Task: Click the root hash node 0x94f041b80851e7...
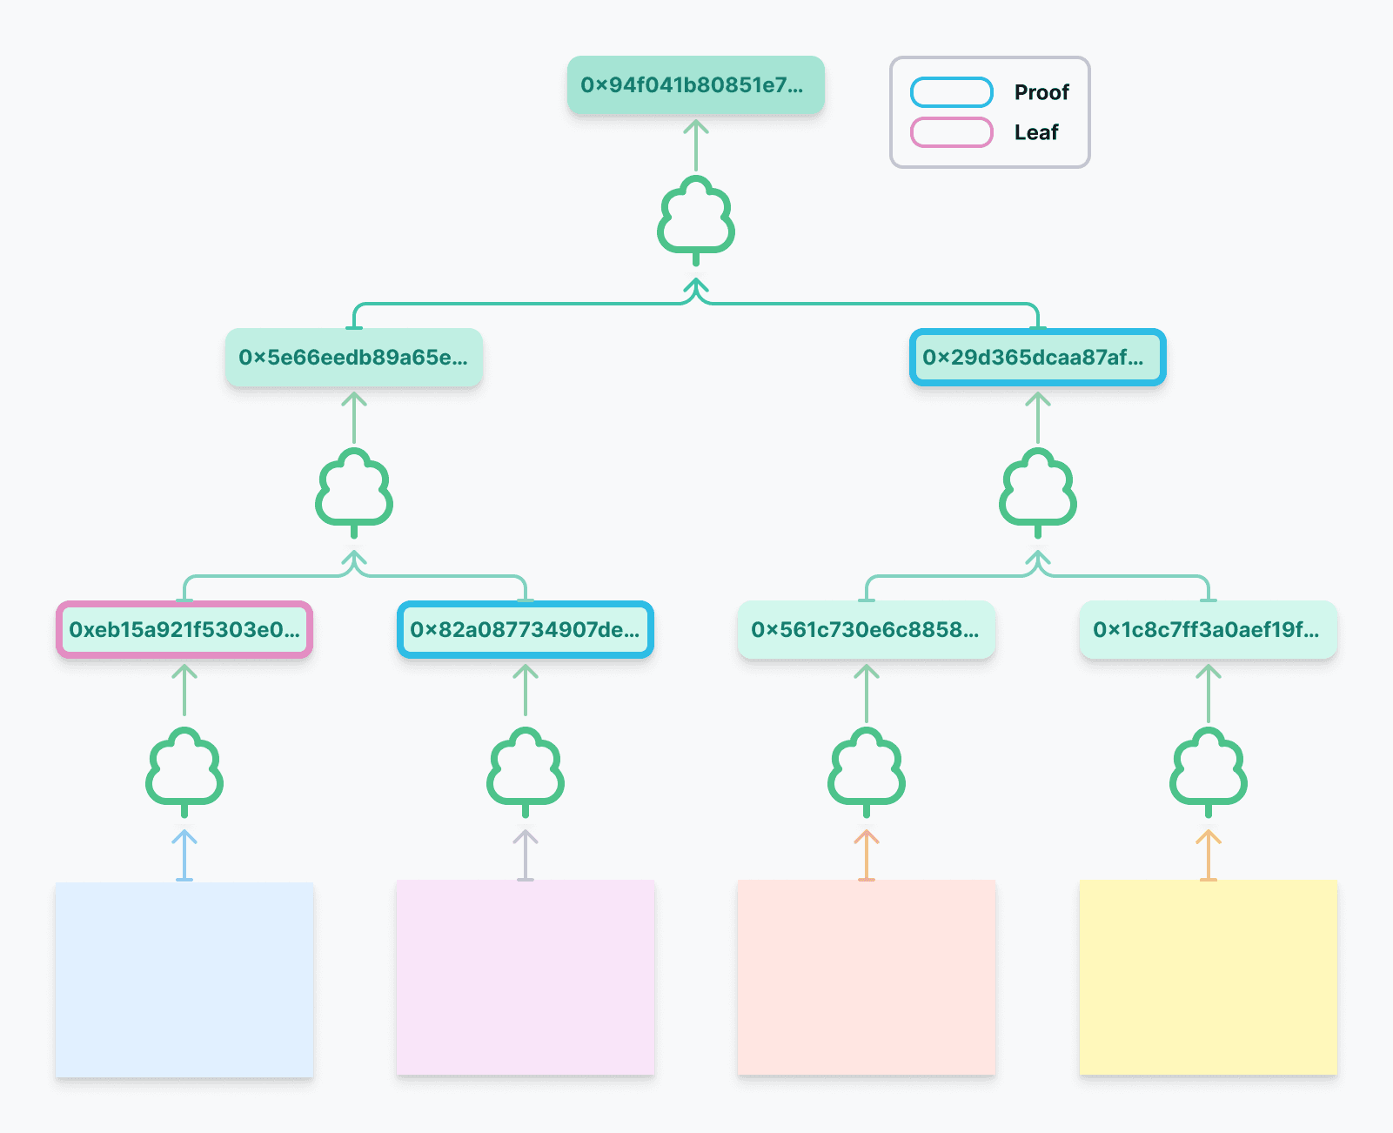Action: tap(695, 85)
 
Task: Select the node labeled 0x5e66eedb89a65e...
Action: tap(353, 358)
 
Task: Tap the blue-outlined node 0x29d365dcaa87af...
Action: tap(1037, 358)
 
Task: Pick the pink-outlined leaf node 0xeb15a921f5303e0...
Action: tap(184, 629)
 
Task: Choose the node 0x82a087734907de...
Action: tap(526, 629)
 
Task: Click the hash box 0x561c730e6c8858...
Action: tap(866, 629)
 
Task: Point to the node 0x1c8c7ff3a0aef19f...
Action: tap(1208, 629)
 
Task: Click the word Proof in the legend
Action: tap(1041, 92)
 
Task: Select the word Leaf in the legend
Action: tap(1035, 132)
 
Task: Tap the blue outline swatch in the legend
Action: tap(951, 92)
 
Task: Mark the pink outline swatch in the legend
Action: tap(951, 132)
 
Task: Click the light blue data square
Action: tap(184, 980)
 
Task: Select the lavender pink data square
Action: tap(526, 978)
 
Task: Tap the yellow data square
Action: tap(1208, 978)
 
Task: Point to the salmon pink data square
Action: tap(866, 978)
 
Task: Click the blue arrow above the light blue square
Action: tap(184, 854)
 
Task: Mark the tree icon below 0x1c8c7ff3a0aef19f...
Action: tap(1208, 771)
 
